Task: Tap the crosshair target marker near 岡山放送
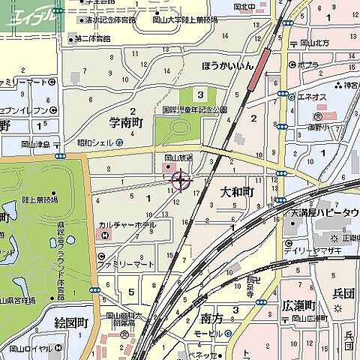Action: pyautogui.click(x=181, y=179)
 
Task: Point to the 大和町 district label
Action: pyautogui.click(x=237, y=193)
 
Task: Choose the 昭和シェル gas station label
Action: pyautogui.click(x=94, y=142)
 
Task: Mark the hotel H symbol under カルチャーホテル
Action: pyautogui.click(x=104, y=235)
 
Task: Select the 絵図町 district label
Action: pyautogui.click(x=72, y=322)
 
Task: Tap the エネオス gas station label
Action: pyautogui.click(x=310, y=95)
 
